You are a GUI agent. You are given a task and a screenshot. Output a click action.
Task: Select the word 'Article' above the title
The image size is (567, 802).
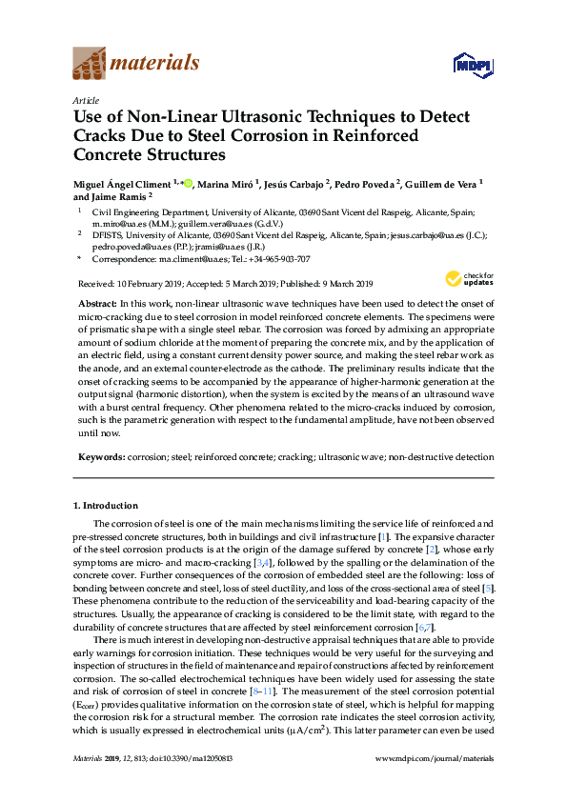pyautogui.click(x=85, y=101)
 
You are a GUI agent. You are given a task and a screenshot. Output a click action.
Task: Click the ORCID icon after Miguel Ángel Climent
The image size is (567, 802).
pyautogui.click(x=188, y=182)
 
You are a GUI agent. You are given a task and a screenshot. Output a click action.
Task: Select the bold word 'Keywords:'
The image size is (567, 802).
pyautogui.click(x=101, y=457)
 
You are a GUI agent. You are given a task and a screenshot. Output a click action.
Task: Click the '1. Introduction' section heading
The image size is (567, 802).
pyautogui.click(x=107, y=506)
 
